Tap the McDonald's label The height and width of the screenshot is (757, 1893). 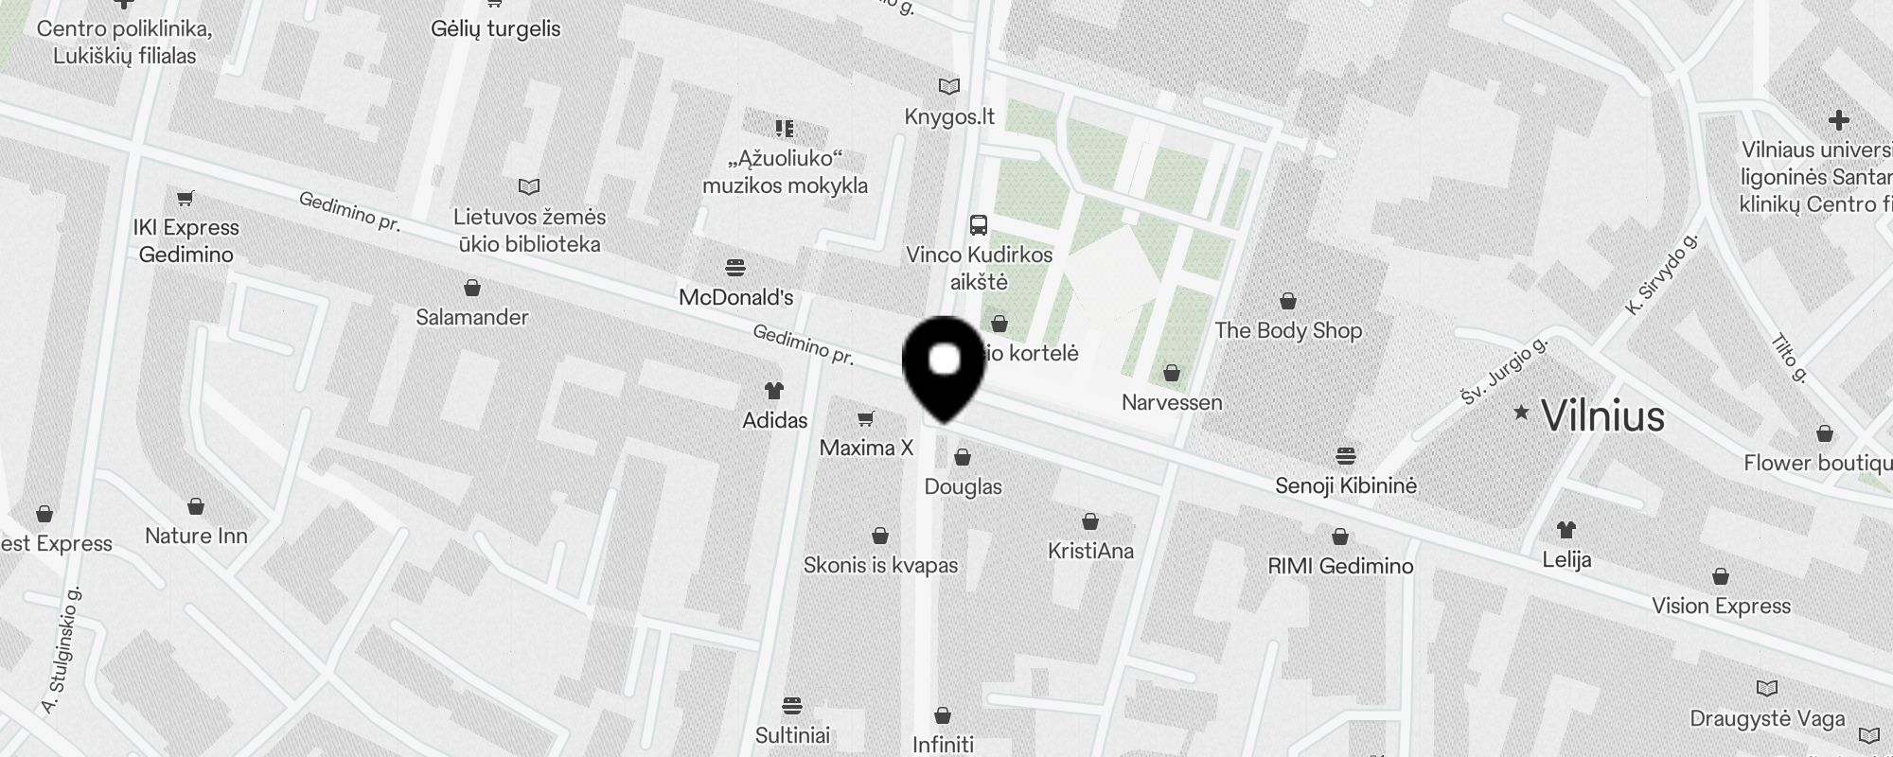(x=736, y=297)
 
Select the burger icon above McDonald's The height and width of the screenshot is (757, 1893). (x=735, y=267)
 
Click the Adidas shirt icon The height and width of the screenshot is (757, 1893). (x=773, y=390)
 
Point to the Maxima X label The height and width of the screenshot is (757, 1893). (x=866, y=448)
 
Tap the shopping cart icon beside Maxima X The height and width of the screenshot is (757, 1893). (x=865, y=418)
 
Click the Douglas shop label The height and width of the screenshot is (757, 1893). (x=963, y=486)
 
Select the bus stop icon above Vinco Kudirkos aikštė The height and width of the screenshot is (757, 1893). (x=979, y=225)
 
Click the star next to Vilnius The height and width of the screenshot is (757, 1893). (x=1521, y=412)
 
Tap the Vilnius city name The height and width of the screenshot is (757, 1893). (x=1602, y=415)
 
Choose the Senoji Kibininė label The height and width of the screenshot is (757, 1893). (x=1345, y=485)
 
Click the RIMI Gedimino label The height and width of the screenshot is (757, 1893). (x=1340, y=566)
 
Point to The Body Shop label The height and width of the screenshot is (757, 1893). (x=1287, y=330)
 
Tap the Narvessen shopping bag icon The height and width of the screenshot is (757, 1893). (x=1172, y=373)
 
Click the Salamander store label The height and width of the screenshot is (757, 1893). (x=471, y=317)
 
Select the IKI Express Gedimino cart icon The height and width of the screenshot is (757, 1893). (x=186, y=199)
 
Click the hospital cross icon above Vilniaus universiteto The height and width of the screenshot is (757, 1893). (x=1838, y=120)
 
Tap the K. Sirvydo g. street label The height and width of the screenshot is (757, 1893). (x=1661, y=274)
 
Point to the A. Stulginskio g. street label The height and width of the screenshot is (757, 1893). (x=62, y=650)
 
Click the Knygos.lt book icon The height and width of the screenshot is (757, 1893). (x=948, y=86)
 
